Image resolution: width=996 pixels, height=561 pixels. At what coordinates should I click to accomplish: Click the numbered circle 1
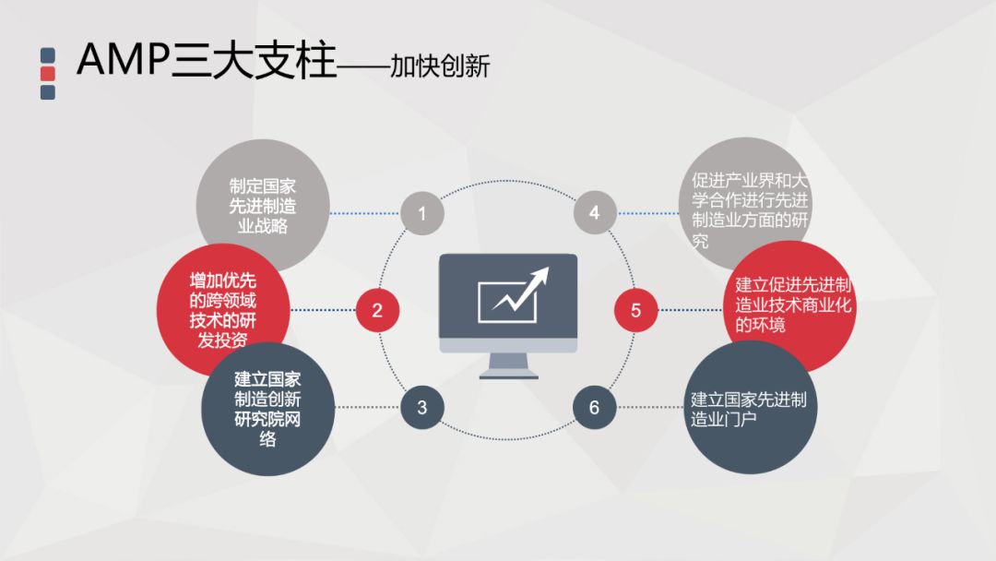(422, 214)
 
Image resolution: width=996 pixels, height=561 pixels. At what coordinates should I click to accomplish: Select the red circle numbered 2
(377, 310)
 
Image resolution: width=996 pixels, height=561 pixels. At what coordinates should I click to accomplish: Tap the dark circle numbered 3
(422, 407)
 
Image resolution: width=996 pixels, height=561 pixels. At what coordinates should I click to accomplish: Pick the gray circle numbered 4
(594, 214)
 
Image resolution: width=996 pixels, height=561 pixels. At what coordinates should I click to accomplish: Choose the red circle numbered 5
(636, 310)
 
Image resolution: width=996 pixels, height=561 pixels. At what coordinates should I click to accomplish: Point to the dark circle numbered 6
(594, 407)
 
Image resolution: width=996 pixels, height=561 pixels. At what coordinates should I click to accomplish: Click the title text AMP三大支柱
(207, 61)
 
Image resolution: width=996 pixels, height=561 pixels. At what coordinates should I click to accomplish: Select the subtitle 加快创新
(440, 66)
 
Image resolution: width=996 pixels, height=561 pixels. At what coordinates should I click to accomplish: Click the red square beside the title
(48, 73)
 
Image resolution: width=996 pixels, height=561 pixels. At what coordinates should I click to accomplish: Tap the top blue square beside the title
(48, 55)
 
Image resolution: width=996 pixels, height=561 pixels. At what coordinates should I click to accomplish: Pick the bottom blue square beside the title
(48, 91)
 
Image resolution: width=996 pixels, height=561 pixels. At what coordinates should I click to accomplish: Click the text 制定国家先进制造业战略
(263, 204)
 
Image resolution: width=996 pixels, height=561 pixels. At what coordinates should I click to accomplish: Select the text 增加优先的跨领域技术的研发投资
(222, 310)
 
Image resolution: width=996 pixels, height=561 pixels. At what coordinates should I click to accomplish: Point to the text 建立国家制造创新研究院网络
(267, 410)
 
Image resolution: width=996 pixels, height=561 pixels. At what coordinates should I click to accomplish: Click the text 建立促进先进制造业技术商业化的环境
(793, 304)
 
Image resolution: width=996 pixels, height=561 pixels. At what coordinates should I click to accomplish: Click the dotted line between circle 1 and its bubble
(364, 214)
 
